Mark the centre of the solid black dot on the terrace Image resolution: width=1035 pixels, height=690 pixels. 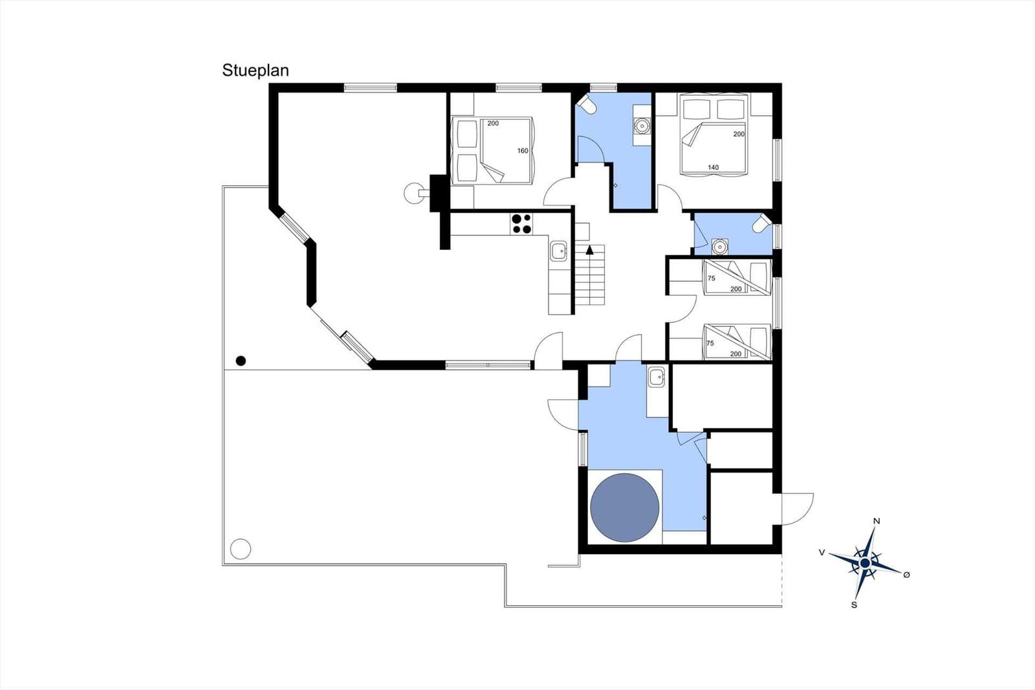241,361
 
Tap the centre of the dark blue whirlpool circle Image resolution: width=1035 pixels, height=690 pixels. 625,507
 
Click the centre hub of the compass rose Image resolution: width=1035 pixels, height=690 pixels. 864,563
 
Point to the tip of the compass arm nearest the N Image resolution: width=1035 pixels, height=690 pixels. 875,528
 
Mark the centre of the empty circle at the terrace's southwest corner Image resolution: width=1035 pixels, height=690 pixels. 240,549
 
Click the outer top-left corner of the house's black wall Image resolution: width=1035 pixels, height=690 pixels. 269,83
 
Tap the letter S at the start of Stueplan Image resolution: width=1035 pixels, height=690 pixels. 227,71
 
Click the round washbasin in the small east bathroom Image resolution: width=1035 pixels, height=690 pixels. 719,247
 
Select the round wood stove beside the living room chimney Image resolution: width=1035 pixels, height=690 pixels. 413,193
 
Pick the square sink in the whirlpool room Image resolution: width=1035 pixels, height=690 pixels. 656,377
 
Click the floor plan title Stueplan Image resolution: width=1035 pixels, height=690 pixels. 256,71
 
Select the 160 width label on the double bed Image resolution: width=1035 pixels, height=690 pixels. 523,151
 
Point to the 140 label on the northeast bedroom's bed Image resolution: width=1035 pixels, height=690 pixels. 713,168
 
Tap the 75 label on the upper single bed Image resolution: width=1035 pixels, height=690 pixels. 712,278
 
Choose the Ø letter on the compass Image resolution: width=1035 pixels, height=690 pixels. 906,574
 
